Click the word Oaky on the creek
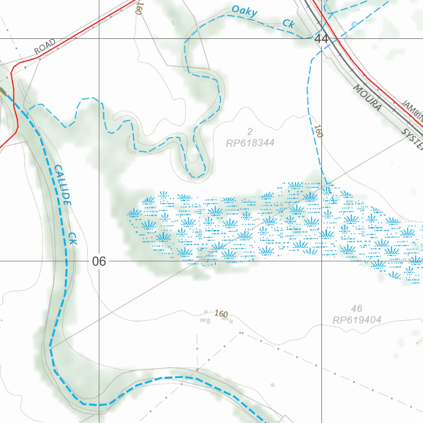(x=245, y=11)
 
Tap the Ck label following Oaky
(x=288, y=24)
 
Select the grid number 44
(x=321, y=39)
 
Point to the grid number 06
(x=99, y=261)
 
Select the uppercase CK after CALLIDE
(x=73, y=238)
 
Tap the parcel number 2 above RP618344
(x=250, y=132)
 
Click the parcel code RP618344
(x=250, y=143)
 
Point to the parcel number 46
(x=356, y=308)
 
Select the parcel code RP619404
(x=356, y=319)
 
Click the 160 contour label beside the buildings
(x=221, y=314)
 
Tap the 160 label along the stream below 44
(x=318, y=131)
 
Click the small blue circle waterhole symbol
(x=354, y=24)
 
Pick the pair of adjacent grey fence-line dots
(x=241, y=333)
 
